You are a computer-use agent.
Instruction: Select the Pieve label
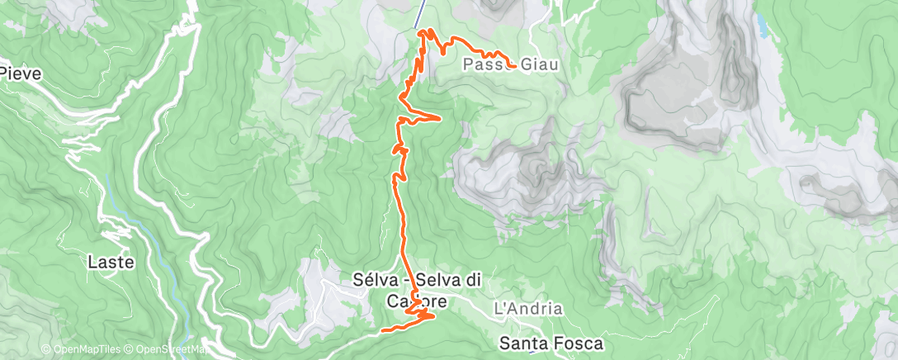coord(21,73)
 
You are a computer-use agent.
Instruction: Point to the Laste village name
coord(111,263)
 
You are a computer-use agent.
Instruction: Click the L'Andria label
coord(527,309)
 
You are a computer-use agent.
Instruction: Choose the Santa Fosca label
coord(551,342)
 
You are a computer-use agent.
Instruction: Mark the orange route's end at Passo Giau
coord(515,65)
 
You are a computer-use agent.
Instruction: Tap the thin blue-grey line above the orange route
coord(420,12)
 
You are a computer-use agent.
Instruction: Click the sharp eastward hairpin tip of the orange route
coord(440,118)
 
